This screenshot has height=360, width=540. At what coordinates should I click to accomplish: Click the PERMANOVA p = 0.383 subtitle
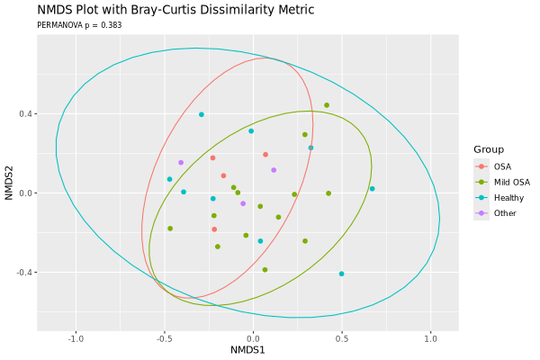click(x=79, y=25)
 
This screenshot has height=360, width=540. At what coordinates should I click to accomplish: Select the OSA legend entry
click(x=501, y=166)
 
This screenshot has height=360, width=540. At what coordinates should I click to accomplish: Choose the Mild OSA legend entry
click(x=511, y=182)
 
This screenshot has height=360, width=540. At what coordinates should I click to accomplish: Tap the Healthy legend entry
click(x=508, y=197)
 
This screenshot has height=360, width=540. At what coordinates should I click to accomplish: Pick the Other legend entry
click(x=505, y=213)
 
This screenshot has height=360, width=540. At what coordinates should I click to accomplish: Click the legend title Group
click(x=490, y=148)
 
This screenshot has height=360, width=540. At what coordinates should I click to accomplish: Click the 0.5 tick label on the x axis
click(x=341, y=339)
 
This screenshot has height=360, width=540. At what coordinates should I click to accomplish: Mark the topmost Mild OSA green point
click(x=327, y=105)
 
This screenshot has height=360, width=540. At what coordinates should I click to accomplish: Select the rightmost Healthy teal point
click(x=372, y=189)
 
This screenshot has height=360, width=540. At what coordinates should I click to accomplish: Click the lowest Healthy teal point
click(x=341, y=274)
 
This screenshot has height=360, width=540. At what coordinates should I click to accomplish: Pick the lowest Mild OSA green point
click(x=265, y=270)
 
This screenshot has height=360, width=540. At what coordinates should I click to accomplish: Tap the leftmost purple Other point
click(x=181, y=163)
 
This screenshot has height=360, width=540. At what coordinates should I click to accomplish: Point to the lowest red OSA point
click(x=214, y=229)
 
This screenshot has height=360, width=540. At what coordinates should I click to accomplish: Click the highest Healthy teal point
click(x=202, y=114)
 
